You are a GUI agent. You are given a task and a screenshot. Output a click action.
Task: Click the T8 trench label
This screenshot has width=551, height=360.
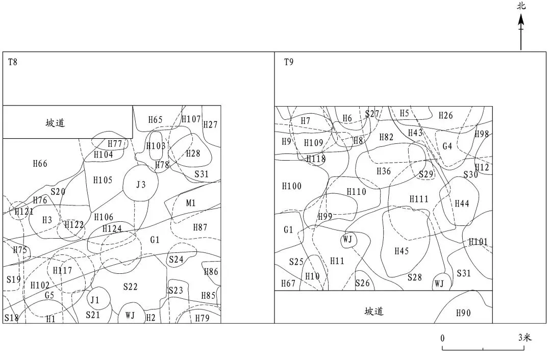pos(13,62)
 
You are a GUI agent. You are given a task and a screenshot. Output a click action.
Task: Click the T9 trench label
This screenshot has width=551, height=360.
pos(288,62)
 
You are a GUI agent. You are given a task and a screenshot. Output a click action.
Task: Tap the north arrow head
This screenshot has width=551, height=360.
pos(521,20)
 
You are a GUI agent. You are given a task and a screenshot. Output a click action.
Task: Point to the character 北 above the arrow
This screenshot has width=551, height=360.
pos(521,6)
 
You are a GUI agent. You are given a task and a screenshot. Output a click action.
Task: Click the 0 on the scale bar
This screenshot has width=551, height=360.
pos(442,338)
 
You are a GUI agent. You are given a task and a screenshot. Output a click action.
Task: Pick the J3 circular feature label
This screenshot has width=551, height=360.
pos(141,185)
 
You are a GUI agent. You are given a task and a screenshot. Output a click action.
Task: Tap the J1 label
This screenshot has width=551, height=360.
pos(95,300)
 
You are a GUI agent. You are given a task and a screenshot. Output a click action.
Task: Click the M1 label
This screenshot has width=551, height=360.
pos(191,203)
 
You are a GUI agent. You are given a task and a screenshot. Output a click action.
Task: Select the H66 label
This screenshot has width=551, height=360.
pos(40,164)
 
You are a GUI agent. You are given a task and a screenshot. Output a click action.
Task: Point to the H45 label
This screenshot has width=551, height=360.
pos(402,251)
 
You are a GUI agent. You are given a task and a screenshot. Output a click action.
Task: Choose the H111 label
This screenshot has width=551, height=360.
pos(419,199)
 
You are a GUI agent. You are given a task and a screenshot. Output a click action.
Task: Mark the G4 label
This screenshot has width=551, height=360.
pos(447,146)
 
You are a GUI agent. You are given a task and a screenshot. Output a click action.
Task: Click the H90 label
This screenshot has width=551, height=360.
pos(463,313)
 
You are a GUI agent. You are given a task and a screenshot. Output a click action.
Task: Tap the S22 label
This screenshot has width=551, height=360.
pos(131,287)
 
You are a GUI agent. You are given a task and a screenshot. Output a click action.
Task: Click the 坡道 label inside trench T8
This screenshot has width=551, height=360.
pos(55,122)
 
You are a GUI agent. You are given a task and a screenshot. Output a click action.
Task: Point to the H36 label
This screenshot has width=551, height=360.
pos(384,171)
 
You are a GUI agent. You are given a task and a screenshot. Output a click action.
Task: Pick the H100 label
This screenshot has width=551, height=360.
pos(292,186)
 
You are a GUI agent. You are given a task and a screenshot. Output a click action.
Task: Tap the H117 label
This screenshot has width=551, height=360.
pos(63,270)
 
